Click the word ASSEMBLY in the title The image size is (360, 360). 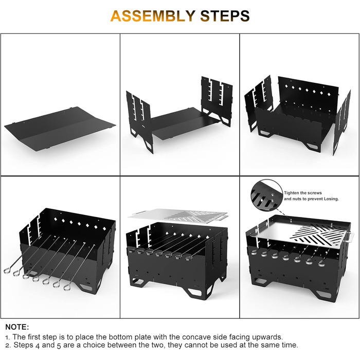click(153, 16)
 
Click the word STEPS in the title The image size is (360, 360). click(225, 16)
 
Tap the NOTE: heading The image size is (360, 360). click(17, 327)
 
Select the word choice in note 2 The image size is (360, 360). click(95, 345)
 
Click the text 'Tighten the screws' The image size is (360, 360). click(303, 193)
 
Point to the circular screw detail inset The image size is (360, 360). click(267, 195)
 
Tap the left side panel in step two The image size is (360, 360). click(139, 120)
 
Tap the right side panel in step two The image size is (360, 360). click(217, 99)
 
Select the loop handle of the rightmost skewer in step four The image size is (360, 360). click(67, 287)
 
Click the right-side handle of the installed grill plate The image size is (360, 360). click(349, 238)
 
